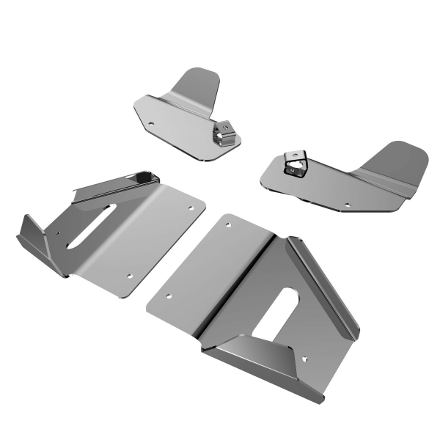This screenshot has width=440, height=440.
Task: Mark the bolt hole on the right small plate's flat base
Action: tap(347, 206)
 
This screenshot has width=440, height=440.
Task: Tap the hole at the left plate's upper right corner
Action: tap(191, 208)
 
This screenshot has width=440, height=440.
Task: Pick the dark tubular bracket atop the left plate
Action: tap(117, 183)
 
